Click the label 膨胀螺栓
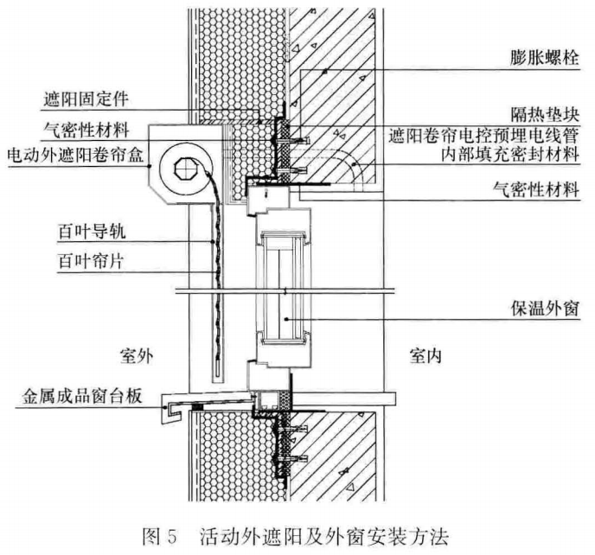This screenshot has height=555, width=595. [545, 58]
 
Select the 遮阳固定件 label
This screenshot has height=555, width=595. [86, 99]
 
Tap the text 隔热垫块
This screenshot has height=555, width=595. [545, 113]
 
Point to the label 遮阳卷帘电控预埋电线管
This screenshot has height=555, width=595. [483, 135]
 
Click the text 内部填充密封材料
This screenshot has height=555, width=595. [510, 155]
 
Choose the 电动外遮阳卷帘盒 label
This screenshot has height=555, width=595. [75, 155]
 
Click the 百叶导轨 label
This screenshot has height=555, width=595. [92, 231]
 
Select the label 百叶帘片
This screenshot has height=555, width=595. [91, 261]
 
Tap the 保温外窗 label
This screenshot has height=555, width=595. [545, 309]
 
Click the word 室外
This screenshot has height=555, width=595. [137, 356]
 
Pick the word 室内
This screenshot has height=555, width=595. [425, 356]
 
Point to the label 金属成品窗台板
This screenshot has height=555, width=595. [82, 396]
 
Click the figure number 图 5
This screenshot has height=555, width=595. [160, 537]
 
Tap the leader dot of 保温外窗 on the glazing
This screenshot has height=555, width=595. [286, 319]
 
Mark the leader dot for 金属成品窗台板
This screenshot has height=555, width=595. [164, 407]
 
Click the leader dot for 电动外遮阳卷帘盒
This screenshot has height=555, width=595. [150, 166]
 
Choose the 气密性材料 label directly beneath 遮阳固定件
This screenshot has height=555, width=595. [86, 131]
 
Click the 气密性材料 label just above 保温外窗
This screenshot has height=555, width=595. [536, 189]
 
